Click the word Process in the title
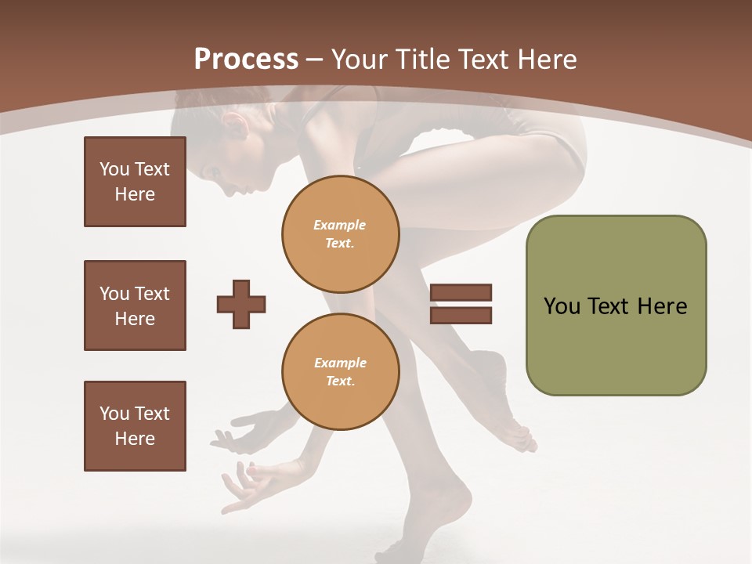246,59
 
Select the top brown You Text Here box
135,182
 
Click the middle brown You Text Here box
135,305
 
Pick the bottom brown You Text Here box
135,426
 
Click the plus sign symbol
241,304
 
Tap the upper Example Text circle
341,233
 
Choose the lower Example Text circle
341,372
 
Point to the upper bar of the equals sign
461,293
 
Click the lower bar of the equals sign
461,315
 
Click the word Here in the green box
662,306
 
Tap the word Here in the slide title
547,60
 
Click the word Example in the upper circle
340,225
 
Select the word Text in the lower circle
339,381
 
